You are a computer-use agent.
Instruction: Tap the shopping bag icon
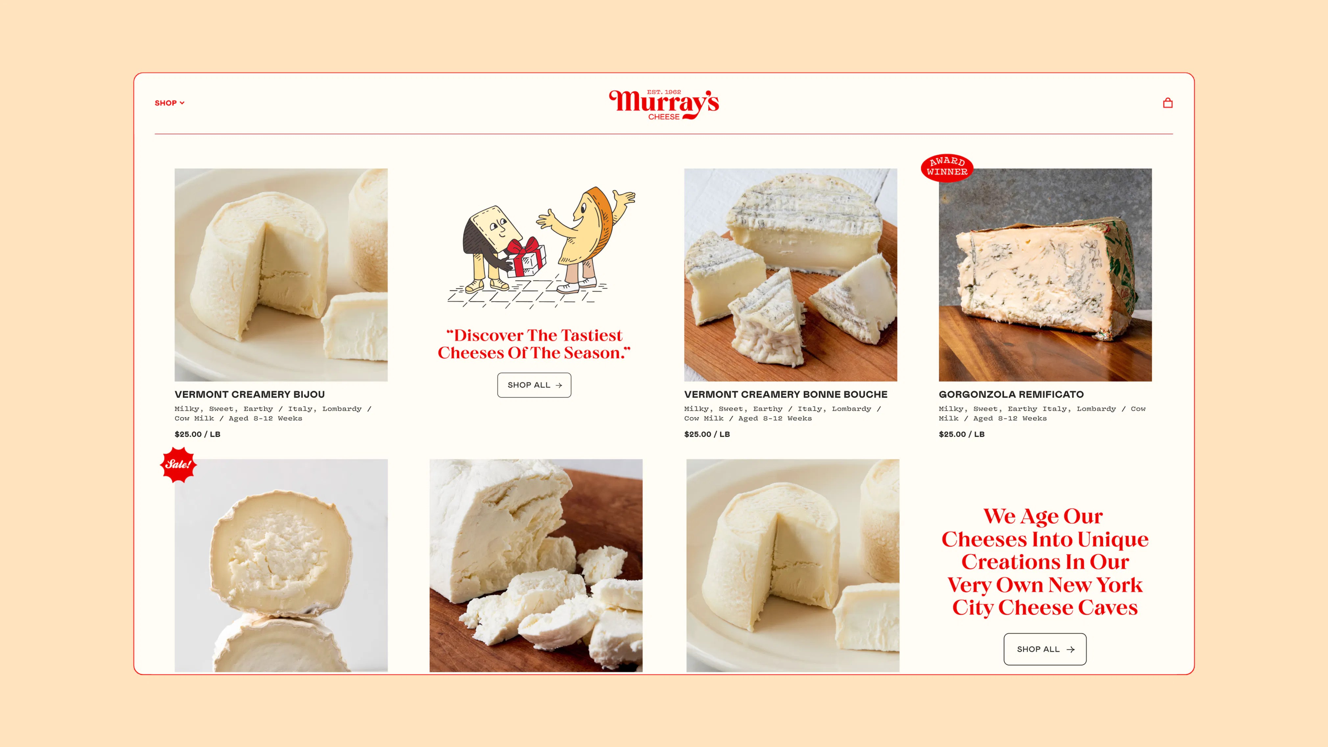tap(1168, 103)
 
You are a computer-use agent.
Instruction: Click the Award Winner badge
tap(947, 167)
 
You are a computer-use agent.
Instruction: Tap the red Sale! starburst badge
tap(178, 464)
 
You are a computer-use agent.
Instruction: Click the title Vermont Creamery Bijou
tap(249, 394)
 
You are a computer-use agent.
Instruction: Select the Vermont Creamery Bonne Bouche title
tap(786, 394)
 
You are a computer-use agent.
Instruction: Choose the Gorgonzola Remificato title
tap(1011, 394)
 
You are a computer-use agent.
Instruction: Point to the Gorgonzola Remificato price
tap(961, 434)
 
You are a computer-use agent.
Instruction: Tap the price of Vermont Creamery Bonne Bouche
tap(707, 434)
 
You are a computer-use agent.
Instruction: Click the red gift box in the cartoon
tap(526, 257)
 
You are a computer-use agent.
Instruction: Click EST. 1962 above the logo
tap(664, 92)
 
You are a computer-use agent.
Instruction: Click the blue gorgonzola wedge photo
tap(1045, 275)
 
